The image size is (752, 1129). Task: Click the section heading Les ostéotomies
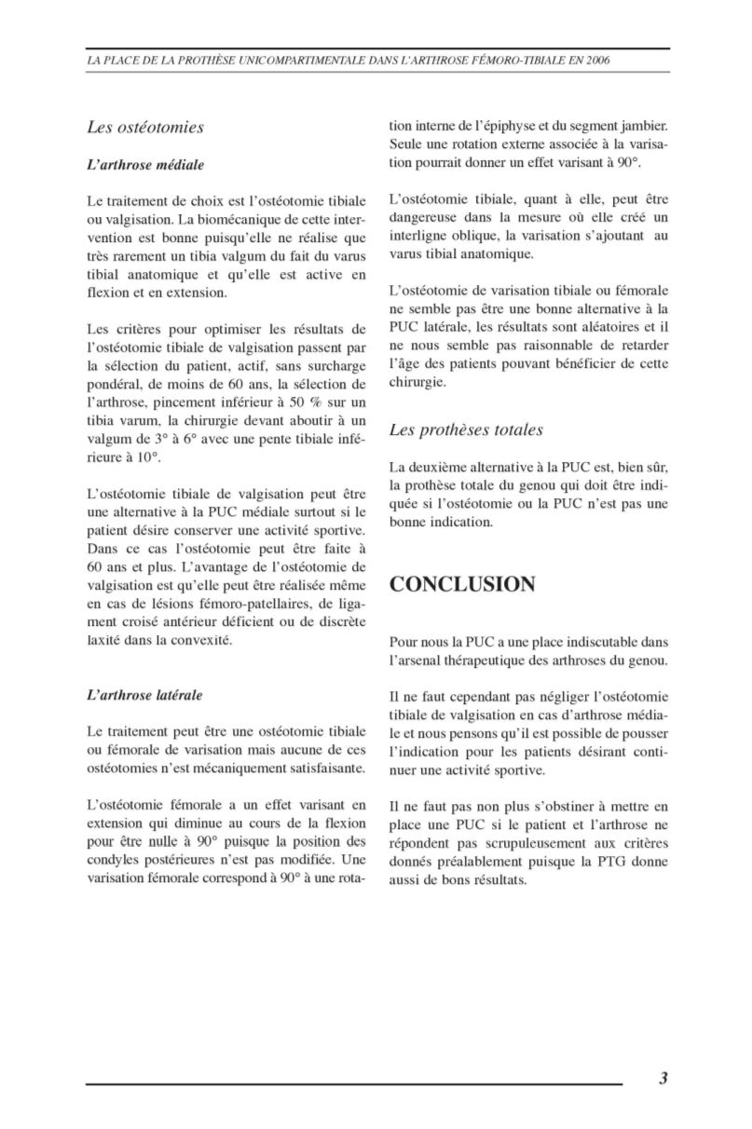(145, 127)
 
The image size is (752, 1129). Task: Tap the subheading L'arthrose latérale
(144, 695)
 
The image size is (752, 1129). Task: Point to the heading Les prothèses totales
(466, 429)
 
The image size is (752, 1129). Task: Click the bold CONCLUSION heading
(462, 585)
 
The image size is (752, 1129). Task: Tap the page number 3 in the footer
(663, 1079)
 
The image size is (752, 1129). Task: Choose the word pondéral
(115, 383)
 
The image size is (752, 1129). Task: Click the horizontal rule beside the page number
(354, 1083)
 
